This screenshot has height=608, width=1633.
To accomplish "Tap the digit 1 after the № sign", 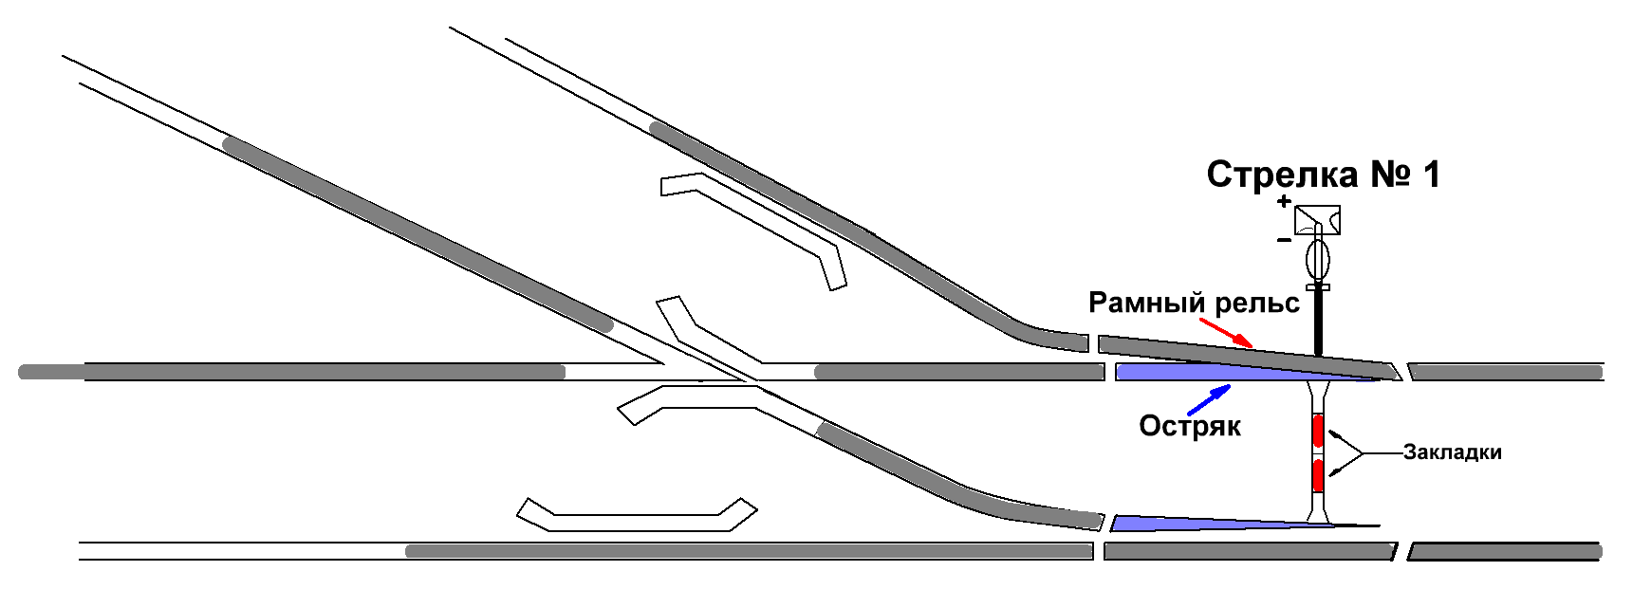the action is [x=1431, y=175].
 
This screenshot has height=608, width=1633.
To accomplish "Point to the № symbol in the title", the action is [x=1390, y=175].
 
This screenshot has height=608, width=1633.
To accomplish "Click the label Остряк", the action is [x=1190, y=427].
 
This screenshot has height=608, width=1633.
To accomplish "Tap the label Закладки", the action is [x=1452, y=452].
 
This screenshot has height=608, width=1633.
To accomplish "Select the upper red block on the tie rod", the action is [x=1318, y=431].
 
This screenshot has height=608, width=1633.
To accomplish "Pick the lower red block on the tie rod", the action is [x=1318, y=474].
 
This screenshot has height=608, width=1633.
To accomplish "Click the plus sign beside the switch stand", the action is [x=1284, y=201].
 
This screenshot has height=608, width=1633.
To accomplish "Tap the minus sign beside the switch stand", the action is [x=1284, y=240].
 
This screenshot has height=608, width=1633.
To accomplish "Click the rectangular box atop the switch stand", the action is [x=1318, y=220].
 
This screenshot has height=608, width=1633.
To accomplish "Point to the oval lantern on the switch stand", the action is [x=1318, y=258].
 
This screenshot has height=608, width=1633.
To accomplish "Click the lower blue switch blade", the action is [x=1196, y=523].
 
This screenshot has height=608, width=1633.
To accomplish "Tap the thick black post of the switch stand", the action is [x=1318, y=322].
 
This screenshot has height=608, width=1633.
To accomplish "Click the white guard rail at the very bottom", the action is [x=636, y=515].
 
